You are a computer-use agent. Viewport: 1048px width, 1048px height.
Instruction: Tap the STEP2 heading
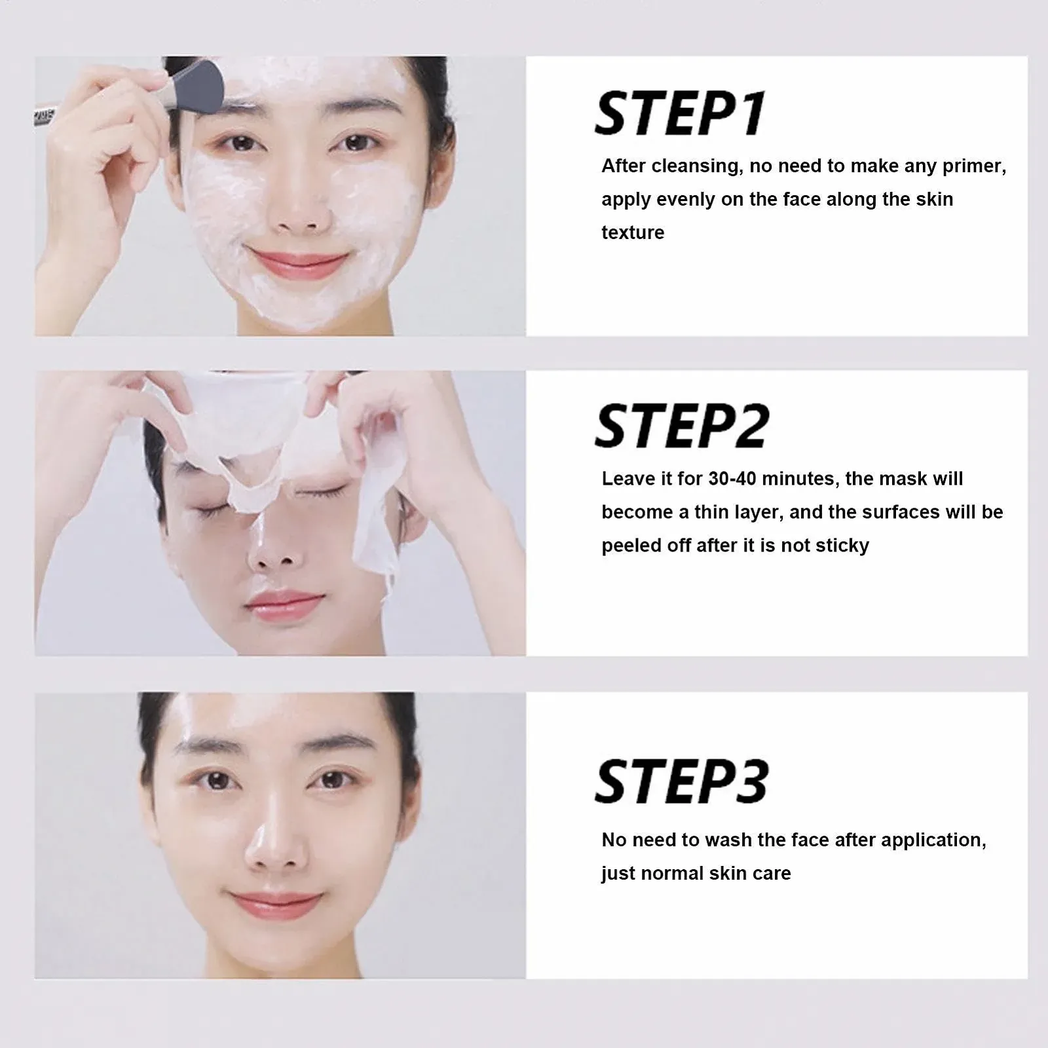(682, 426)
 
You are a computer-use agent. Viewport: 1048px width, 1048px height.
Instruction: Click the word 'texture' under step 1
(633, 233)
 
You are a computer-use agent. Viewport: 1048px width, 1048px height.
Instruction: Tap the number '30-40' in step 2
(732, 479)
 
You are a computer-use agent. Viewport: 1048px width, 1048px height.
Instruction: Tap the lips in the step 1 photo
(298, 264)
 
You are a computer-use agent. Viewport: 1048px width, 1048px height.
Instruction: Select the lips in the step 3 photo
(275, 906)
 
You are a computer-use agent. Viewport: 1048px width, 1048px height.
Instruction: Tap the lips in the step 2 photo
(285, 606)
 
